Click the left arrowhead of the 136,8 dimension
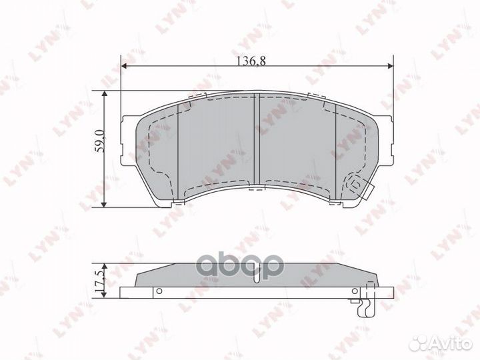(124, 66)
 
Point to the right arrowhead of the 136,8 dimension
(391, 66)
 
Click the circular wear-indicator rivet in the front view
(353, 182)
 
